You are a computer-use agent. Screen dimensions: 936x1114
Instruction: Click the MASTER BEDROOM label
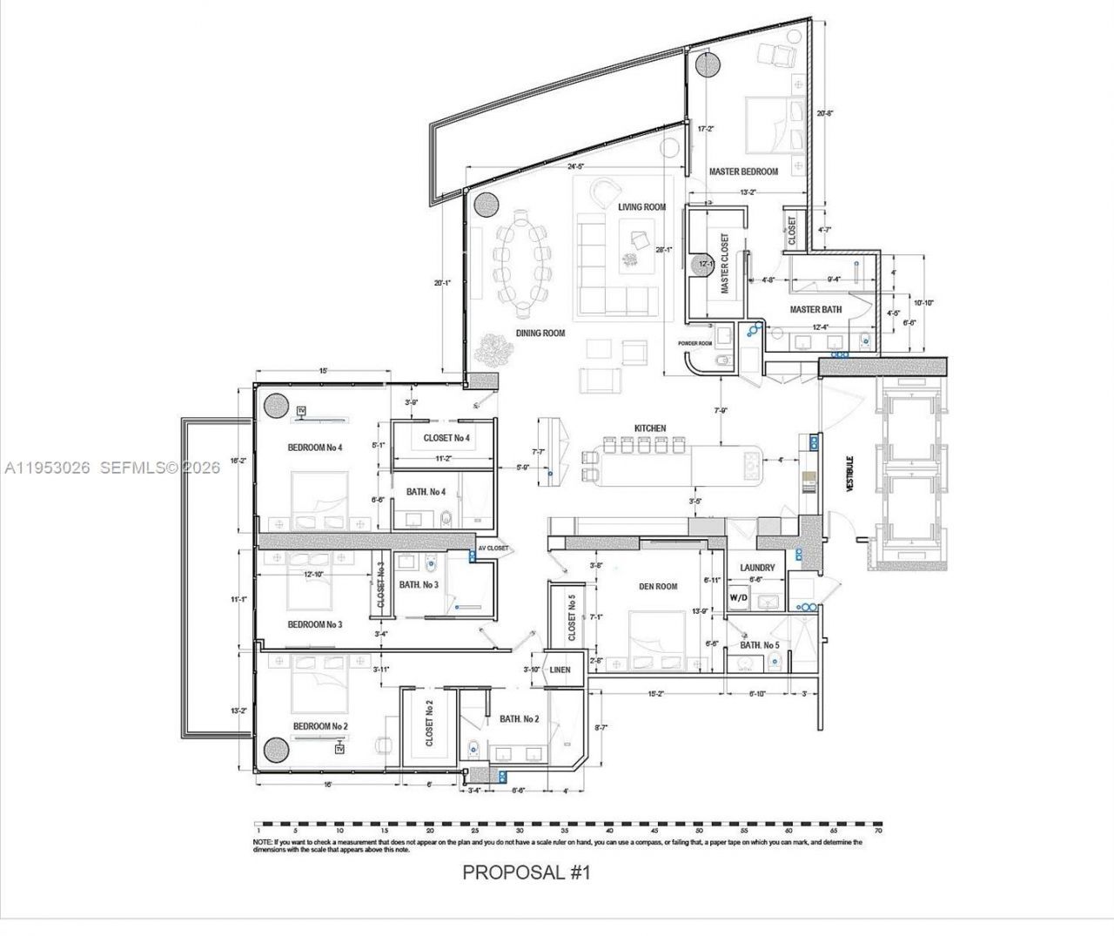742,172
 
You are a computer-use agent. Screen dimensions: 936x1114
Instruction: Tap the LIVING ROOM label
641,207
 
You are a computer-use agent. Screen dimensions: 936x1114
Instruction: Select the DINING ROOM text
540,333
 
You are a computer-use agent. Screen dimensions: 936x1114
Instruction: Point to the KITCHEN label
650,428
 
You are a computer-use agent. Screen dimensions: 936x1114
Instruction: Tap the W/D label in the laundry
738,598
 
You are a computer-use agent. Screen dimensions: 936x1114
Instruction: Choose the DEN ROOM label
655,587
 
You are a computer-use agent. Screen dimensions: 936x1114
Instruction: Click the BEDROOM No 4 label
315,448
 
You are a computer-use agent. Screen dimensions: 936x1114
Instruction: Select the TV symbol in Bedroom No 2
339,749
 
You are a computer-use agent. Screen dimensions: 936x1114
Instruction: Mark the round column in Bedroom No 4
277,406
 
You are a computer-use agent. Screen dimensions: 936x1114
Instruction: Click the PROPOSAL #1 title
526,872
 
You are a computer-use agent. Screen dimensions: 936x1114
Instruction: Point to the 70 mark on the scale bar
878,832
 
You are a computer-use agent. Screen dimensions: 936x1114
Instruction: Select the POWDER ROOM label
701,343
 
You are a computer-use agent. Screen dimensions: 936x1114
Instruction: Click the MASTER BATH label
815,309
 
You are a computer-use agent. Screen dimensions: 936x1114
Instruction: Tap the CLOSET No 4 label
446,437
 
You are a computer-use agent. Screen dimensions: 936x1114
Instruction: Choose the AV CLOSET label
493,549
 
